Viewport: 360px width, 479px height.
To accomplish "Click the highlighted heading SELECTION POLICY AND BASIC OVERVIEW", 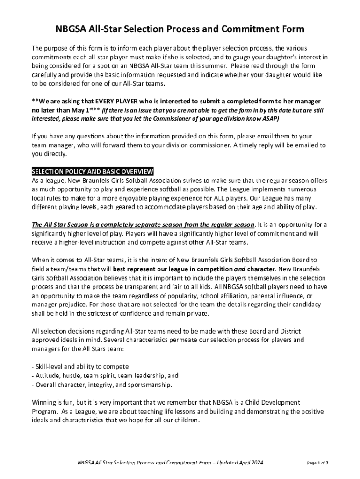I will tap(92, 171).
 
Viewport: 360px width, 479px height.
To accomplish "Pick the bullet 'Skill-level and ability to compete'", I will tap(80, 366).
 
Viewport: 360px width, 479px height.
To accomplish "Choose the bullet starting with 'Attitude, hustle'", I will tap(105, 376).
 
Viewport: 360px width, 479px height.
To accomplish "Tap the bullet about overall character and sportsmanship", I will tap(101, 385).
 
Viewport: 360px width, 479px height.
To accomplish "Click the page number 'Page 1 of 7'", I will tap(317, 463).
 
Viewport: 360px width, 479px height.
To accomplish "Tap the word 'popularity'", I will tap(189, 296).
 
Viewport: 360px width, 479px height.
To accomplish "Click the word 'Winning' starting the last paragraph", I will tap(43, 402).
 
